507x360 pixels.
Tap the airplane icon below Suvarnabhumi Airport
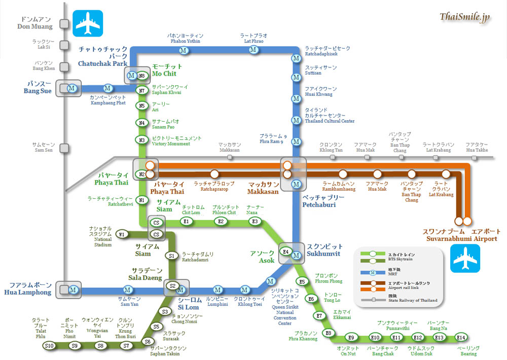(x=465, y=258)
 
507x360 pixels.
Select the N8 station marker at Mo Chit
(x=142, y=76)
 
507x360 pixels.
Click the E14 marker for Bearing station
(x=460, y=337)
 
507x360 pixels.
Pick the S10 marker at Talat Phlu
(x=49, y=346)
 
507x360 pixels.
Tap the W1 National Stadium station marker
(x=121, y=234)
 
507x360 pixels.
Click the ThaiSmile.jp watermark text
(x=464, y=17)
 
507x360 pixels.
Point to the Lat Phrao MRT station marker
(x=253, y=50)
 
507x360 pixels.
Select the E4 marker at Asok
(x=285, y=251)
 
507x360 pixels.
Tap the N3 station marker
(x=142, y=140)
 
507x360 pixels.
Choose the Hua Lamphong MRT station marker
(x=74, y=291)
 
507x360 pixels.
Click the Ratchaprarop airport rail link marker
(x=214, y=174)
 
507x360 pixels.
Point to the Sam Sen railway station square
(x=64, y=148)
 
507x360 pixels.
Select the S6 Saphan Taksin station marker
(x=148, y=341)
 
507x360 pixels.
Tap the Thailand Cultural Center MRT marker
(x=296, y=120)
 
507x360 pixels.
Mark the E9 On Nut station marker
(x=350, y=337)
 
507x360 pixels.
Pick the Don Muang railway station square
(x=64, y=23)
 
